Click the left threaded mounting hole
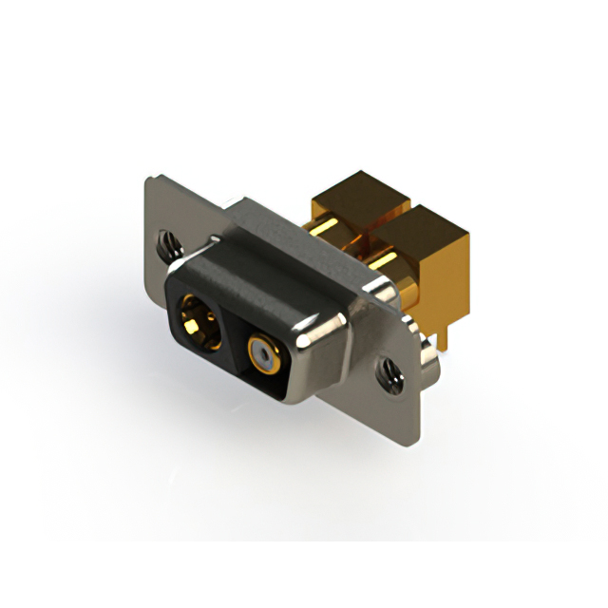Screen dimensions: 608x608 168,244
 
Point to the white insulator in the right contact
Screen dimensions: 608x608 262,356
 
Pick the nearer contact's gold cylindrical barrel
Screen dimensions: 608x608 389,260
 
